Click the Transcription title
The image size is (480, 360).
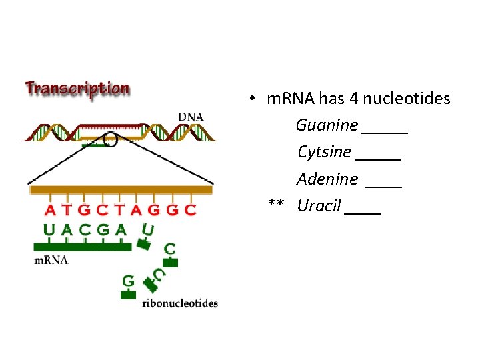point(77,89)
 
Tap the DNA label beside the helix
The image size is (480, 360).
point(191,117)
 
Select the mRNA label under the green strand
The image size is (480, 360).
point(51,260)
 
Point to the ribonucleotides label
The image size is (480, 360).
point(180,303)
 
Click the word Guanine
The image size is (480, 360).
point(327,125)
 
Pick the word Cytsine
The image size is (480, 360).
point(324,152)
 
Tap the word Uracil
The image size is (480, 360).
point(319,205)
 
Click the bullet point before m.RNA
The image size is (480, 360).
point(253,99)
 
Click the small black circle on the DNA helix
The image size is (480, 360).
point(109,140)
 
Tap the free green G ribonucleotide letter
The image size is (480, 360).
point(127,281)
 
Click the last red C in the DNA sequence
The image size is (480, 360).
point(191,211)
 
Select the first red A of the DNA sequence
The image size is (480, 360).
point(50,211)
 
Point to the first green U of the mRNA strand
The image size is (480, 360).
point(49,230)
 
